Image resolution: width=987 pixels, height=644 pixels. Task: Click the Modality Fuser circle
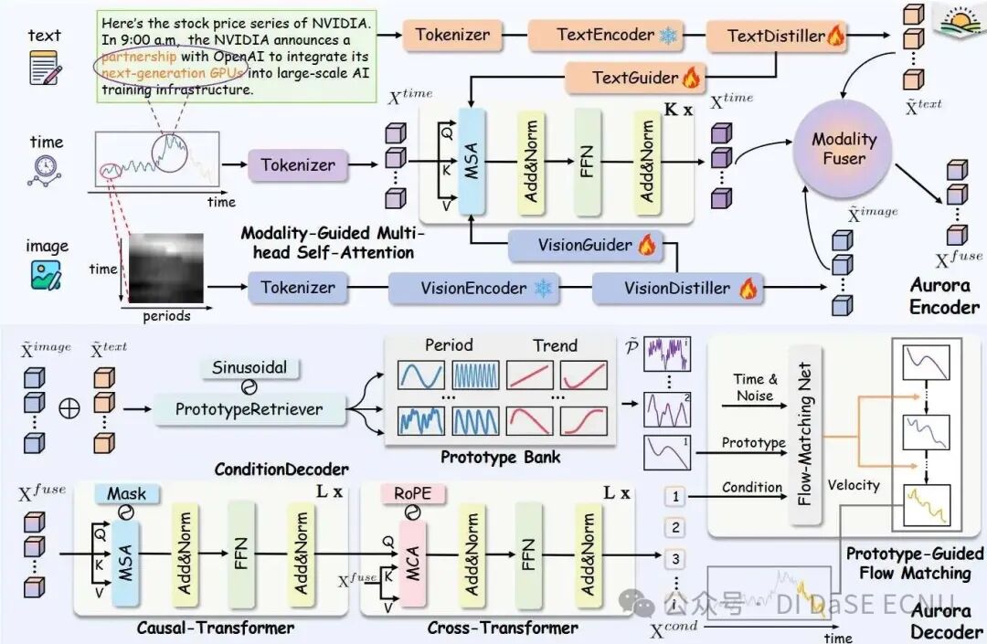[844, 149]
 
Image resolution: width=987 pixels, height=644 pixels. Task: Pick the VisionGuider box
[585, 245]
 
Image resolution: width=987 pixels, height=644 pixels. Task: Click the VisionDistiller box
[677, 288]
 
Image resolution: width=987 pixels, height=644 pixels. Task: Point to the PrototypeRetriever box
[249, 410]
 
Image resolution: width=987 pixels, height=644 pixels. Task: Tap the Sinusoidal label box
[250, 367]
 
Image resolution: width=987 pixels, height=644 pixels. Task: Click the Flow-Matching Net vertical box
[804, 433]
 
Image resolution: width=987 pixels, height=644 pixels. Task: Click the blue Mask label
[126, 494]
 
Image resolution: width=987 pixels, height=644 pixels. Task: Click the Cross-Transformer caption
[503, 628]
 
